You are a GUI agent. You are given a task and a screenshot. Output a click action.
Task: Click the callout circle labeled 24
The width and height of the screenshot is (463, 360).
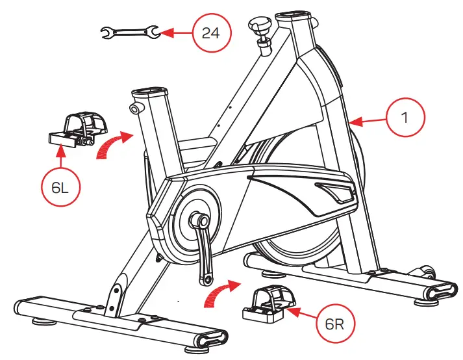210,32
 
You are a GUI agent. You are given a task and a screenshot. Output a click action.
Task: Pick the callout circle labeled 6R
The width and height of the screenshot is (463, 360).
334,324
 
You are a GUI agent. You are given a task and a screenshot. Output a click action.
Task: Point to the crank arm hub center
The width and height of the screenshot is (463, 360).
202,222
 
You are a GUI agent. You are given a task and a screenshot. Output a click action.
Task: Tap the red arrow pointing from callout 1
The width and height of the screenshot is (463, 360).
366,121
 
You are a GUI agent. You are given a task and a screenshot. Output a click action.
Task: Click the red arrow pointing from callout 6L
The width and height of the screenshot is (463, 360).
60,153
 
